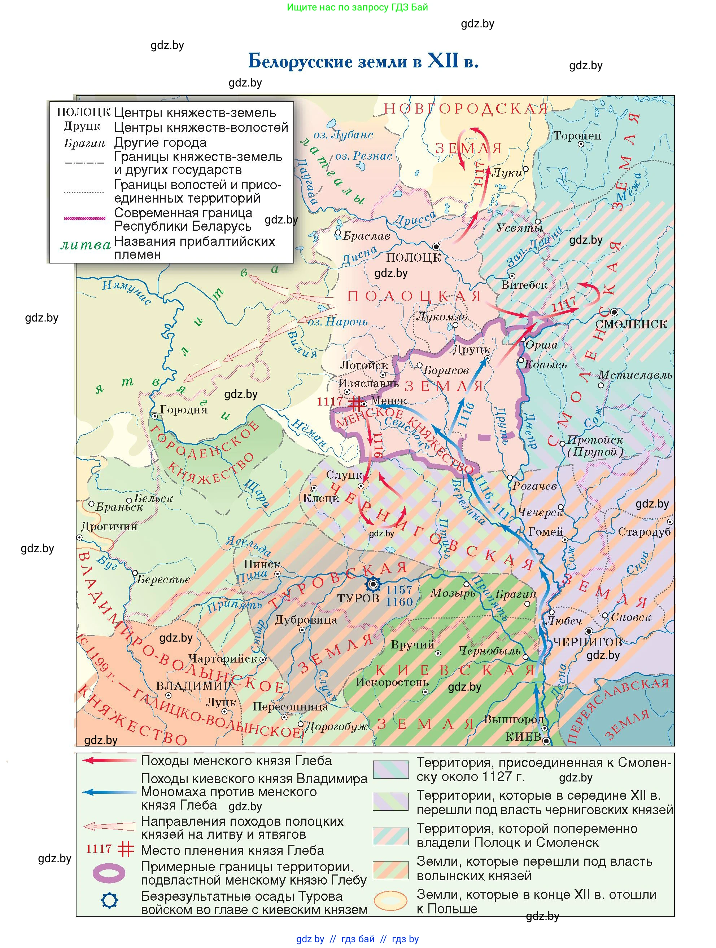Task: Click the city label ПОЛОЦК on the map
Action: click(413, 258)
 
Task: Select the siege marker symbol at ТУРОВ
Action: click(373, 584)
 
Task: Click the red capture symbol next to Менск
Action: click(355, 403)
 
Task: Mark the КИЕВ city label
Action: click(523, 737)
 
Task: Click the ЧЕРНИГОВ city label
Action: click(587, 642)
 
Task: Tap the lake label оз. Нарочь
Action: click(338, 322)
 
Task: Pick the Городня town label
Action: click(184, 410)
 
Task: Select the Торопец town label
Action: click(577, 136)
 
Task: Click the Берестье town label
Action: click(163, 579)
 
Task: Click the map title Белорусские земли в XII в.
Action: click(363, 61)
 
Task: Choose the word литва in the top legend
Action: click(86, 245)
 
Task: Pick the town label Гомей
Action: click(545, 532)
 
